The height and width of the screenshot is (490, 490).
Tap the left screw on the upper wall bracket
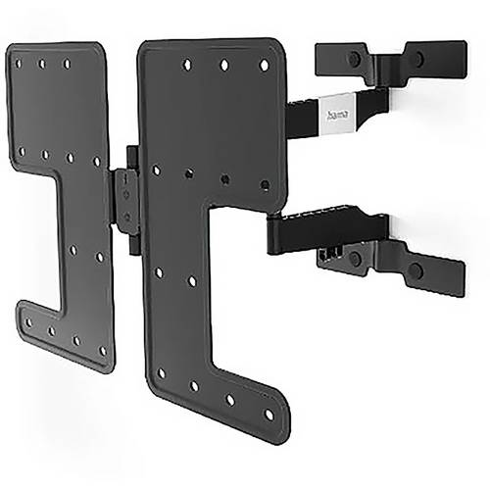tap(353, 60)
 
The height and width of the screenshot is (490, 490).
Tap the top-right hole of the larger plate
tap(264, 66)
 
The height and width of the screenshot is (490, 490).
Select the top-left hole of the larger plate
tap(186, 65)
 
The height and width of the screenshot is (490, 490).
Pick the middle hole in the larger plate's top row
tap(224, 66)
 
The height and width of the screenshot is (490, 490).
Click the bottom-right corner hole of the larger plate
tap(269, 415)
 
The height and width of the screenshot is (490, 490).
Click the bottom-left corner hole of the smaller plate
tap(28, 320)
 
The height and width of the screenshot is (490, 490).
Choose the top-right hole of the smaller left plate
tap(67, 65)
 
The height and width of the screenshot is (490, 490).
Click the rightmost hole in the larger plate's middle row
tap(263, 184)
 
